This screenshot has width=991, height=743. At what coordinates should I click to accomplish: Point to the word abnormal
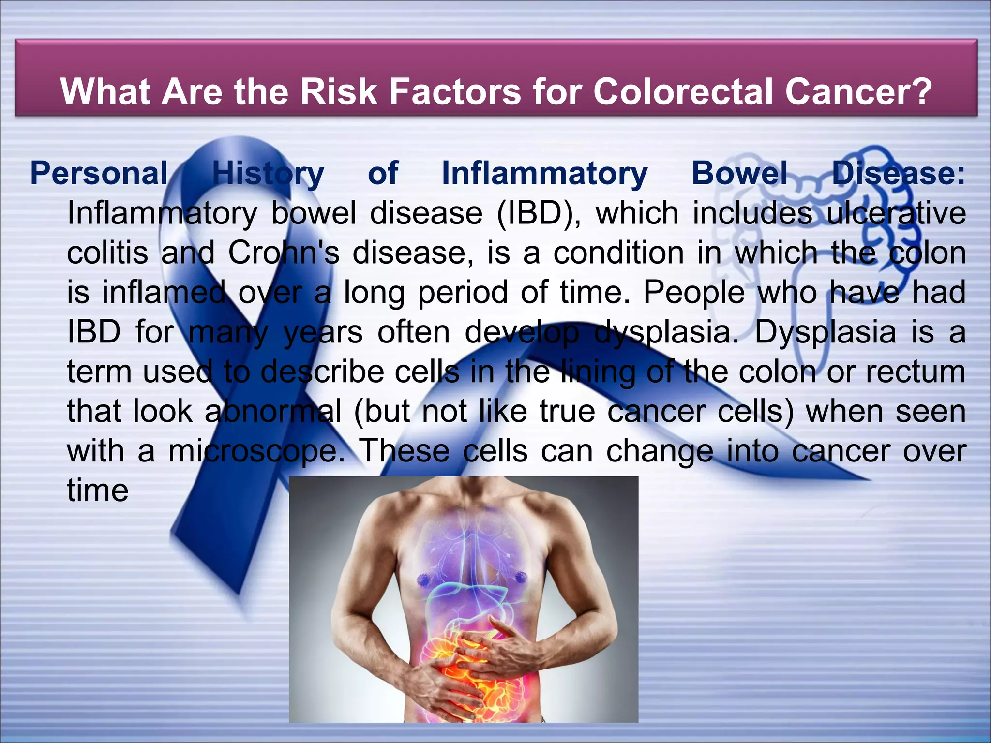pos(273,411)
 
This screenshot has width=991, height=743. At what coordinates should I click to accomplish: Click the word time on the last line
pos(98,490)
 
